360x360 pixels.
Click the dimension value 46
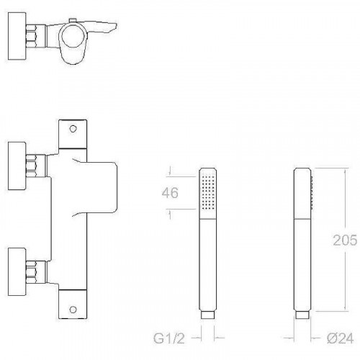[170, 193]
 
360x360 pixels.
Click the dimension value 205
[345, 240]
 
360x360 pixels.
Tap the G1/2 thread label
[169, 338]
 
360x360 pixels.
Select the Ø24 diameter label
[340, 338]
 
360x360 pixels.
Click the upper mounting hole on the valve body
[73, 129]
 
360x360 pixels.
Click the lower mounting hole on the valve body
[73, 309]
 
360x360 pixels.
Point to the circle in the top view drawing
[73, 36]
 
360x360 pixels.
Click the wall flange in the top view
[17, 36]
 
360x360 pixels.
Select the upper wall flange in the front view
[17, 166]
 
